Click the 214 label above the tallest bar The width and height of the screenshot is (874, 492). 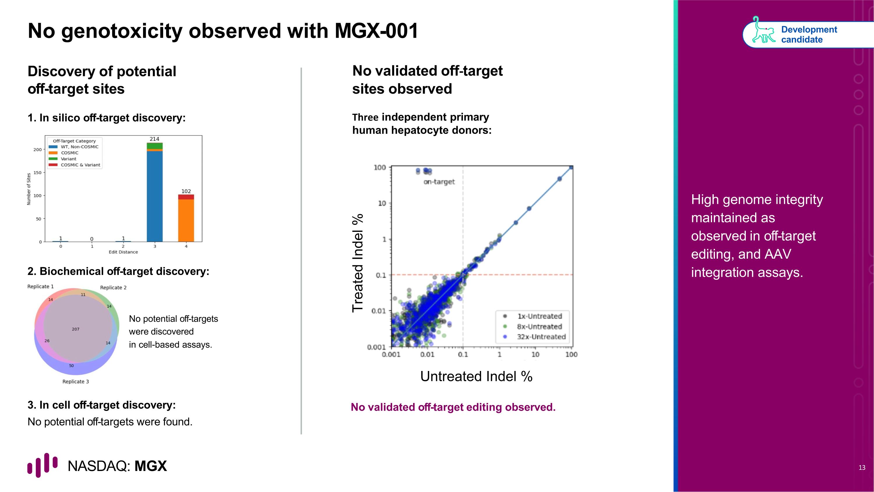(x=154, y=139)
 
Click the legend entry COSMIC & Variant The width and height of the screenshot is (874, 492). (x=80, y=165)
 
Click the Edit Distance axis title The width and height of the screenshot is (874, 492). (x=123, y=252)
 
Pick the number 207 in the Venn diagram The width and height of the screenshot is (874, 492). (x=76, y=329)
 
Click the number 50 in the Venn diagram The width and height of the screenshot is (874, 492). (x=71, y=366)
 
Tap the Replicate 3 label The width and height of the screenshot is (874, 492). (x=76, y=382)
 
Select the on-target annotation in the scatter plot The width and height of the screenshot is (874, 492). (x=439, y=182)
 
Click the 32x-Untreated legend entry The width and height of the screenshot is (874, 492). (x=541, y=337)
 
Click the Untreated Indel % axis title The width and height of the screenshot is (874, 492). (x=476, y=376)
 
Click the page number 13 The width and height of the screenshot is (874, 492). (x=862, y=468)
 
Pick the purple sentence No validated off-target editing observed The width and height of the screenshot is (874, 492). (x=453, y=407)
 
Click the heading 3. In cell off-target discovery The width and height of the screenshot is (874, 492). (x=101, y=405)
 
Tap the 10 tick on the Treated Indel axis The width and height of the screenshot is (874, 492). (x=382, y=203)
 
